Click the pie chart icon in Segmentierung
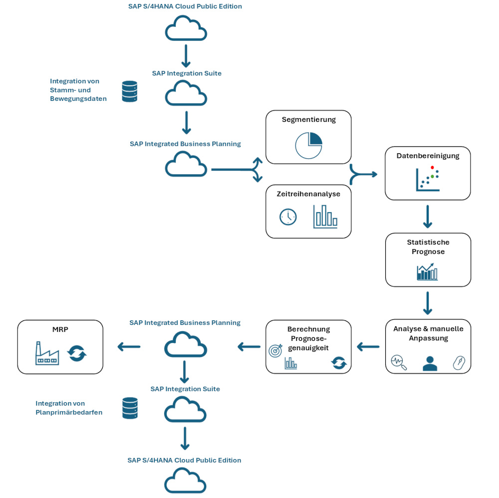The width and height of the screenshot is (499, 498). (308, 145)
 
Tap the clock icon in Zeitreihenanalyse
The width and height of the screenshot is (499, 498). (288, 217)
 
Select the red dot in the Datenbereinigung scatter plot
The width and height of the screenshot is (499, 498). (432, 168)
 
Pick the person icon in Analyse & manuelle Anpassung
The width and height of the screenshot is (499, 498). (430, 363)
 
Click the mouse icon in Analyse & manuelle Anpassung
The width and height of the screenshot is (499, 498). (459, 363)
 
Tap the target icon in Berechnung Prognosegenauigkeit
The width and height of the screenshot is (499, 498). (275, 350)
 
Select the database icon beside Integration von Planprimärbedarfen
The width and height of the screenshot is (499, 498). (130, 408)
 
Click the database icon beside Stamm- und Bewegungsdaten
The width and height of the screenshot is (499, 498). (130, 92)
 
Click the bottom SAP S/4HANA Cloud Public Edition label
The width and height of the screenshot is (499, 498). (184, 460)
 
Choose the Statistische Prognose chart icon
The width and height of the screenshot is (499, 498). (427, 272)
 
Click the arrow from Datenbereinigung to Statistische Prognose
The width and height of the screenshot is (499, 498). (428, 217)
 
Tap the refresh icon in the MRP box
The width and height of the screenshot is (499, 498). (77, 354)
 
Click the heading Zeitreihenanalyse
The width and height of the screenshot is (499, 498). (308, 194)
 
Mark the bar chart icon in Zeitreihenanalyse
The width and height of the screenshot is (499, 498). (325, 217)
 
